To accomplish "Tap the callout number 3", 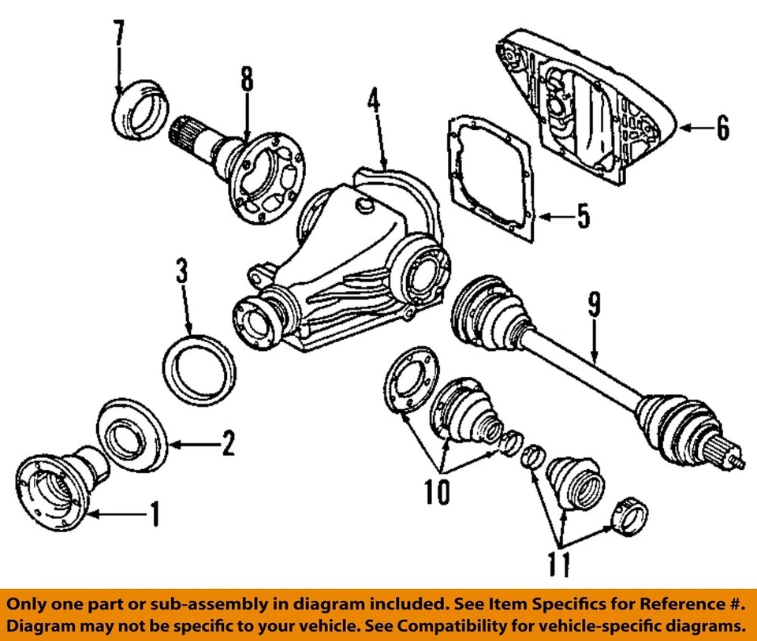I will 181,275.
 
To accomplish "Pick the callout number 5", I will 581,216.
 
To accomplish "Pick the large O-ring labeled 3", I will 201,370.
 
